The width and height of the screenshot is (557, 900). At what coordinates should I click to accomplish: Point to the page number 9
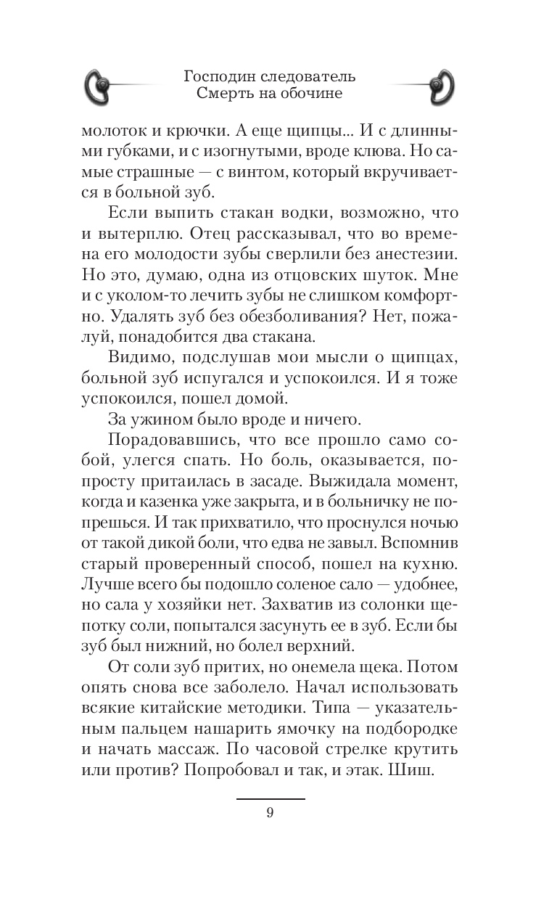tap(270, 813)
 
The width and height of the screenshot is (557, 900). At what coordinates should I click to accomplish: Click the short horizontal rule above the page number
tap(270, 799)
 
